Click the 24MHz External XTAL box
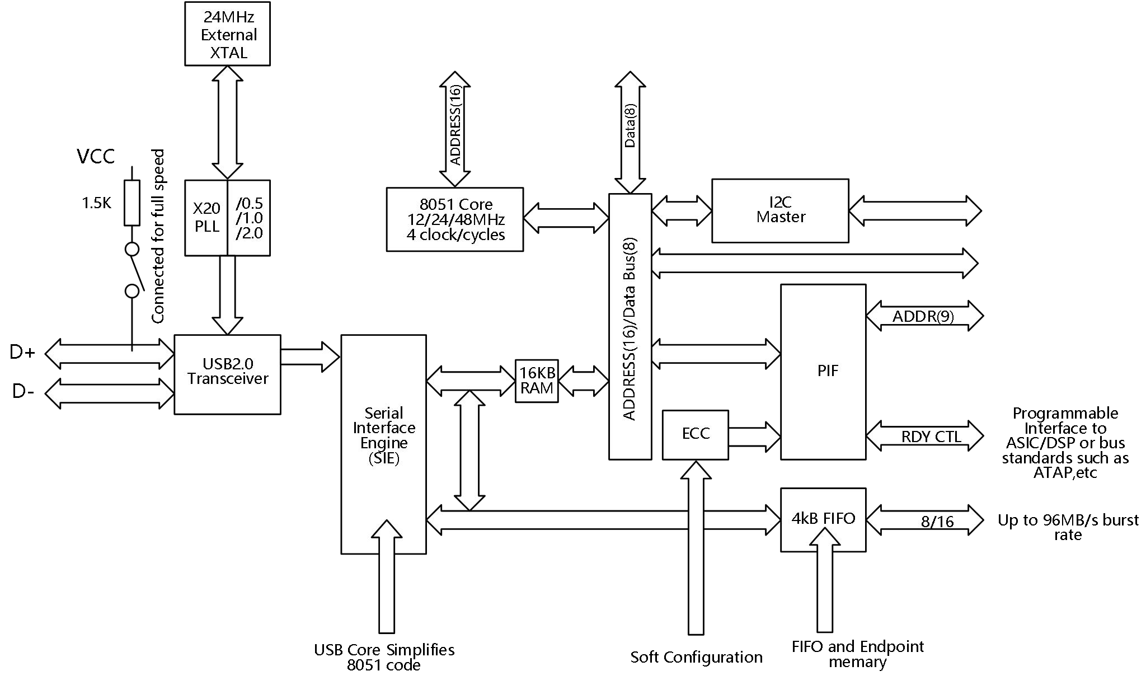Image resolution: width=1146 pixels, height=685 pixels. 227,34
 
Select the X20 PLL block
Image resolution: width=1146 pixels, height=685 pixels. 206,218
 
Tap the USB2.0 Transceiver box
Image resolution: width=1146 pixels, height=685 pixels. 227,374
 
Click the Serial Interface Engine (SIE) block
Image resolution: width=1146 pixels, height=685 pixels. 383,444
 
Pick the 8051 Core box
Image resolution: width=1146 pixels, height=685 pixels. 454,219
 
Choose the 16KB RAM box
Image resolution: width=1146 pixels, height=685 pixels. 537,381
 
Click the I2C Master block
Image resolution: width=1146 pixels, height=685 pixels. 780,210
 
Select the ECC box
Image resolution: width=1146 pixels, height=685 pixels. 695,434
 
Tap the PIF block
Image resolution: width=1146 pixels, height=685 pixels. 823,372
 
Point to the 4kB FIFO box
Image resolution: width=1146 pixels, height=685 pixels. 823,519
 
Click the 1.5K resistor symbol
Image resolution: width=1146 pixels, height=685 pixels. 131,203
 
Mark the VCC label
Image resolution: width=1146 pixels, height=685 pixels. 96,157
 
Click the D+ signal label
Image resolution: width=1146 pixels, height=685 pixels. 22,353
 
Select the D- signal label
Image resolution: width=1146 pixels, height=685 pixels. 23,392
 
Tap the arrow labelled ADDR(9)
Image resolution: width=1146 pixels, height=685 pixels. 924,317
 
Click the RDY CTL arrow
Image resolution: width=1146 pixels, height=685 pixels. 924,437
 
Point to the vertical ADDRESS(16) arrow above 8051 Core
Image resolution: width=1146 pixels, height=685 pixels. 455,129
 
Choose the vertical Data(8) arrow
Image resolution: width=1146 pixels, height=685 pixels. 630,132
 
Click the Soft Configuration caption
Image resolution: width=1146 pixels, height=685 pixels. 696,657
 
